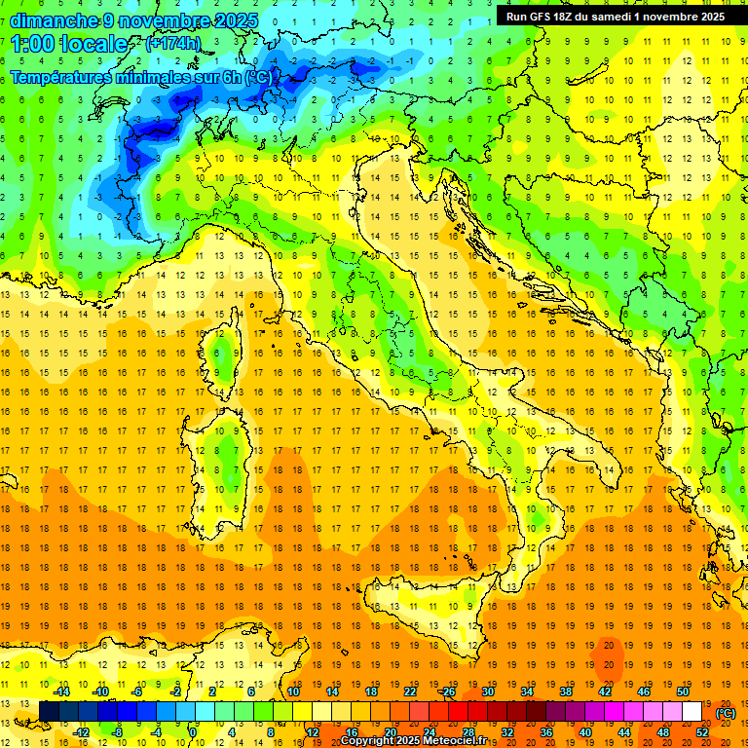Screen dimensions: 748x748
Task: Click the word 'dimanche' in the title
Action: tap(51, 19)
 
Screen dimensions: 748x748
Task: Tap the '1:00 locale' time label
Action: tap(69, 44)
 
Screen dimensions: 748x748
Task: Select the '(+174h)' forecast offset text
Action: tap(172, 44)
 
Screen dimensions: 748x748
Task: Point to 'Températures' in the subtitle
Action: tap(64, 76)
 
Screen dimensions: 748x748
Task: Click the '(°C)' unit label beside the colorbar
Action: tap(725, 713)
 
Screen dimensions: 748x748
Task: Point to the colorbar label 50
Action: tap(683, 692)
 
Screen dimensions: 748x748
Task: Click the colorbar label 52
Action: tap(702, 731)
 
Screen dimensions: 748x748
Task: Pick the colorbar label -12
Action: tap(81, 731)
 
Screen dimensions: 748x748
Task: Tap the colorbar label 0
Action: tap(193, 731)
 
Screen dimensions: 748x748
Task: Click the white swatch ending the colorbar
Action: tap(692, 712)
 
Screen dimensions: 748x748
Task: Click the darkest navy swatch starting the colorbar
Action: tap(49, 712)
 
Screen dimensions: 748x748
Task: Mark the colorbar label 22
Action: tap(410, 692)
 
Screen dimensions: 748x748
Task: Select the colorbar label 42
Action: tap(605, 692)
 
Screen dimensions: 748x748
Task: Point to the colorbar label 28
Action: tap(468, 731)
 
